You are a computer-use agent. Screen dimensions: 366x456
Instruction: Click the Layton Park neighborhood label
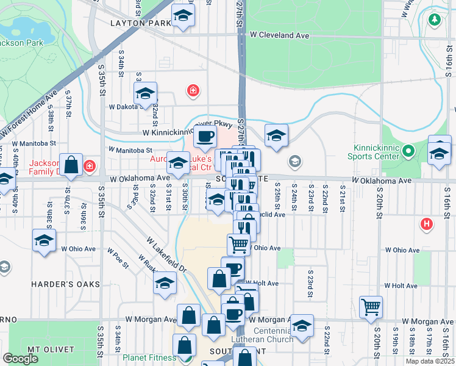click(x=141, y=23)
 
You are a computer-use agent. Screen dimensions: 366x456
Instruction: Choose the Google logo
click(x=20, y=359)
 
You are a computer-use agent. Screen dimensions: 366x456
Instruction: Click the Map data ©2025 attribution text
click(x=430, y=361)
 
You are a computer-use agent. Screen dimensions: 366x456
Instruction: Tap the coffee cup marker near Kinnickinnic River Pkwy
click(x=205, y=135)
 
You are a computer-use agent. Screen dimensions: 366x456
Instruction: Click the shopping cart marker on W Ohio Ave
click(x=238, y=244)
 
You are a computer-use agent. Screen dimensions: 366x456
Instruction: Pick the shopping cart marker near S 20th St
click(x=371, y=306)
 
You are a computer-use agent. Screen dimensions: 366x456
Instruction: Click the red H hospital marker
click(x=427, y=224)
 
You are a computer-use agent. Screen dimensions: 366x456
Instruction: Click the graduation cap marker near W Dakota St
click(x=145, y=93)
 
